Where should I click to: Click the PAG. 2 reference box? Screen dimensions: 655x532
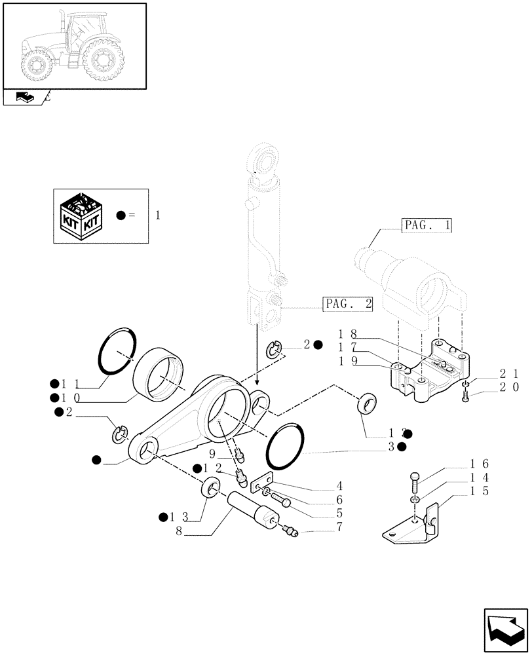click(348, 304)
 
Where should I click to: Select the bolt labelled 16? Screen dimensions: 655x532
click(413, 481)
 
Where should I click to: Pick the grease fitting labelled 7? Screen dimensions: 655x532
click(290, 531)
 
